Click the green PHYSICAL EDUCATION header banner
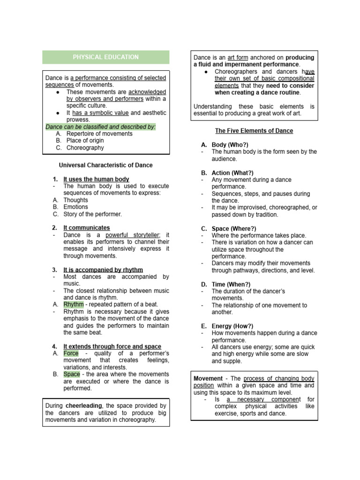(x=105, y=57)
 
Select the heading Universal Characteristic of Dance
(x=105, y=165)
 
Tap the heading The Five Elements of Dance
(x=254, y=131)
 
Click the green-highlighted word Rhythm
(x=74, y=304)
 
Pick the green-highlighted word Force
(x=71, y=353)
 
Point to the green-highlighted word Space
(x=72, y=374)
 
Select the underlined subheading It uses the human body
(x=96, y=179)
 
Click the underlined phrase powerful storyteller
(x=133, y=235)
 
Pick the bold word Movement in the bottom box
(x=209, y=378)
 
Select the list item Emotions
(x=76, y=207)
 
